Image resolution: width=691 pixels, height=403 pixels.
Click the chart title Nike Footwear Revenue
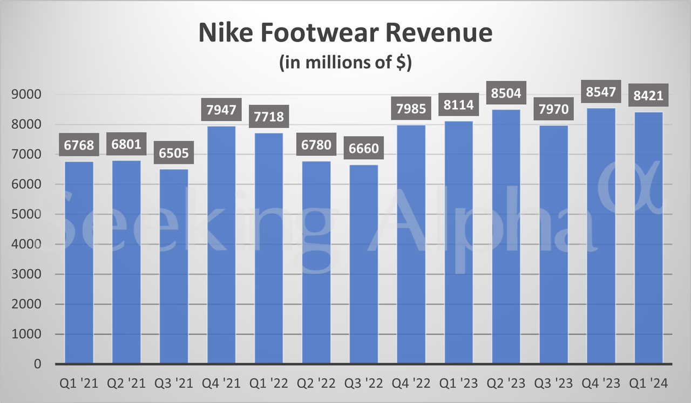point(345,33)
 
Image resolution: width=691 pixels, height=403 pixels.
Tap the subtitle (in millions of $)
point(345,63)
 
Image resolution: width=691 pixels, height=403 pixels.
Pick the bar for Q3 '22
point(364,264)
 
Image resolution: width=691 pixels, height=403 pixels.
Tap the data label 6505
point(174,153)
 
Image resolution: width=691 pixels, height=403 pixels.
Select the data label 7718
point(269,117)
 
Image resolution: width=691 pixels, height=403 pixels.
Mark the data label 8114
point(459,105)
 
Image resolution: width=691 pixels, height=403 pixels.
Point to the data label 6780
point(316,146)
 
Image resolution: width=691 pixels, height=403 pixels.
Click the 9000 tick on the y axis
point(26,94)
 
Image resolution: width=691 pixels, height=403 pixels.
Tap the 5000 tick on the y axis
point(26,214)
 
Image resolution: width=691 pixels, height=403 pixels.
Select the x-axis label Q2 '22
point(316,384)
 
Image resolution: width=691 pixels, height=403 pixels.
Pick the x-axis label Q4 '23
point(601,384)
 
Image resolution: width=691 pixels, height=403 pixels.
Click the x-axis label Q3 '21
point(174,384)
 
